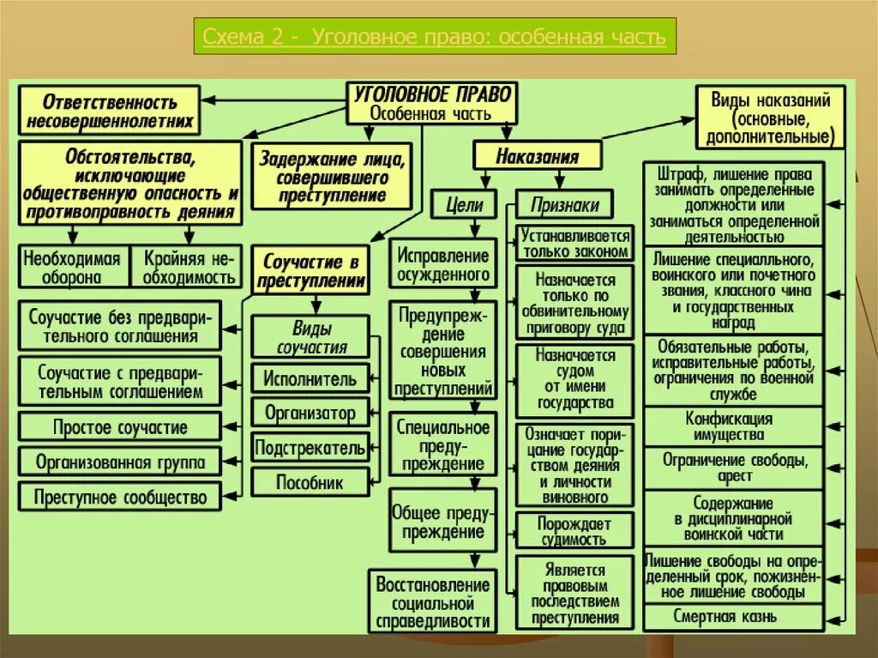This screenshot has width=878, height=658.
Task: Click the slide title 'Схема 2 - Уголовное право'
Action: pyautogui.click(x=434, y=39)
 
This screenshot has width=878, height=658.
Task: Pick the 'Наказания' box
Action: pyautogui.click(x=537, y=157)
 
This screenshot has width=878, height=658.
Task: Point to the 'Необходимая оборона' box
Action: pyautogui.click(x=73, y=266)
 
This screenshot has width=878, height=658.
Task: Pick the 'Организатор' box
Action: pyautogui.click(x=310, y=413)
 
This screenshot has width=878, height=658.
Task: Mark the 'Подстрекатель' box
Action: pyautogui.click(x=310, y=447)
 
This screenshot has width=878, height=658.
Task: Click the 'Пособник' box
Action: pyautogui.click(x=310, y=482)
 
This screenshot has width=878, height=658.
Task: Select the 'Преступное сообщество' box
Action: pyautogui.click(x=119, y=496)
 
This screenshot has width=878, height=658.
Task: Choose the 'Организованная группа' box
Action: pyautogui.click(x=119, y=462)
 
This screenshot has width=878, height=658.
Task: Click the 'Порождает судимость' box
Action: pyautogui.click(x=574, y=531)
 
